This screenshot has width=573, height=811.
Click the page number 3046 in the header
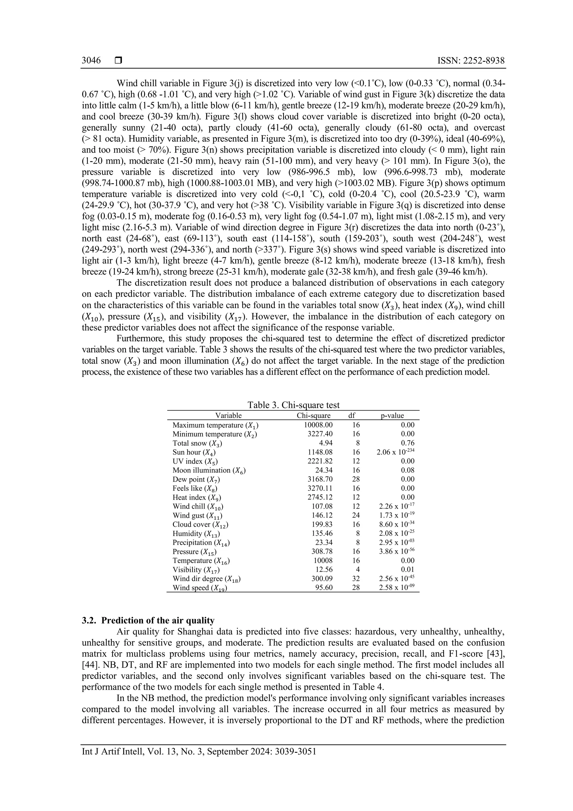pyautogui.click(x=91, y=61)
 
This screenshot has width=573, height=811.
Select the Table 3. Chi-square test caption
pyautogui.click(x=293, y=405)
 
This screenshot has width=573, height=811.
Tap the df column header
pyautogui.click(x=352, y=416)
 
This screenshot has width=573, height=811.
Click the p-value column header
pyautogui.click(x=392, y=416)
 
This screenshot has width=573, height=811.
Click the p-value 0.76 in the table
pyautogui.click(x=408, y=443)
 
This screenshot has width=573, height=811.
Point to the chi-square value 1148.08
pyautogui.click(x=319, y=452)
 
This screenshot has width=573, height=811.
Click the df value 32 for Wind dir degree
pyautogui.click(x=356, y=579)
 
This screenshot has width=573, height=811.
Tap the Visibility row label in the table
pyautogui.click(x=196, y=570)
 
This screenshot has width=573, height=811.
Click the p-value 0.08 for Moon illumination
pyautogui.click(x=408, y=470)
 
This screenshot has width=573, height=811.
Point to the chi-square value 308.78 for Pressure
pyautogui.click(x=323, y=552)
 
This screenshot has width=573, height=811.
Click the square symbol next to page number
pyautogui.click(x=118, y=61)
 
